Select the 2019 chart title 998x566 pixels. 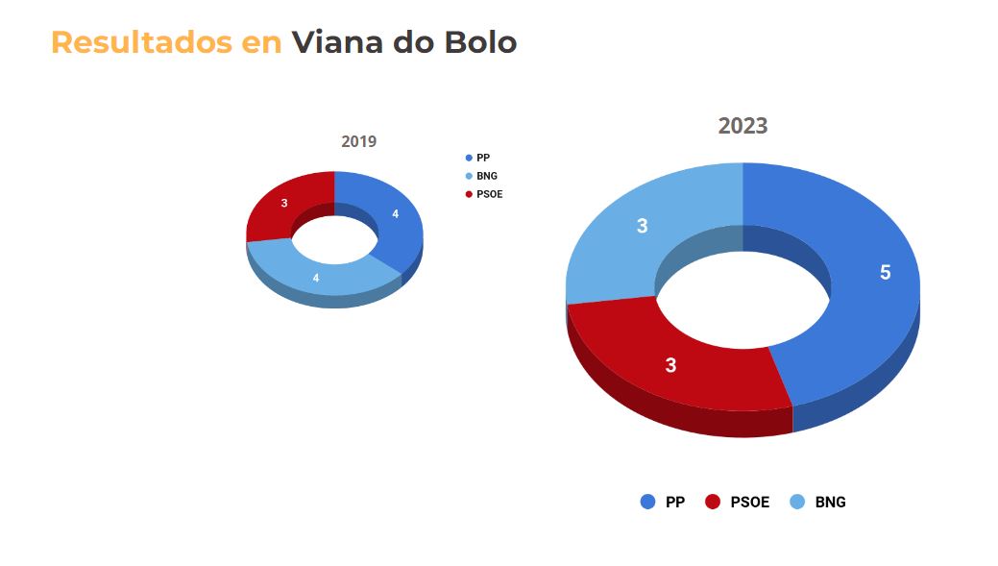[358, 141]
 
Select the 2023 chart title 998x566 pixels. [742, 126]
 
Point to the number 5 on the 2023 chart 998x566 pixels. [885, 272]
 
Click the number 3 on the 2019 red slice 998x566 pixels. [284, 203]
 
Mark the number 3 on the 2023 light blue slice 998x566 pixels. [642, 226]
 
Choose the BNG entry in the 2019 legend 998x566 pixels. [486, 176]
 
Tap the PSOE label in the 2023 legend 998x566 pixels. [749, 502]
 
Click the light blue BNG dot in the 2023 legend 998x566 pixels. [797, 502]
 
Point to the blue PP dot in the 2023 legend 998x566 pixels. [648, 502]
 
